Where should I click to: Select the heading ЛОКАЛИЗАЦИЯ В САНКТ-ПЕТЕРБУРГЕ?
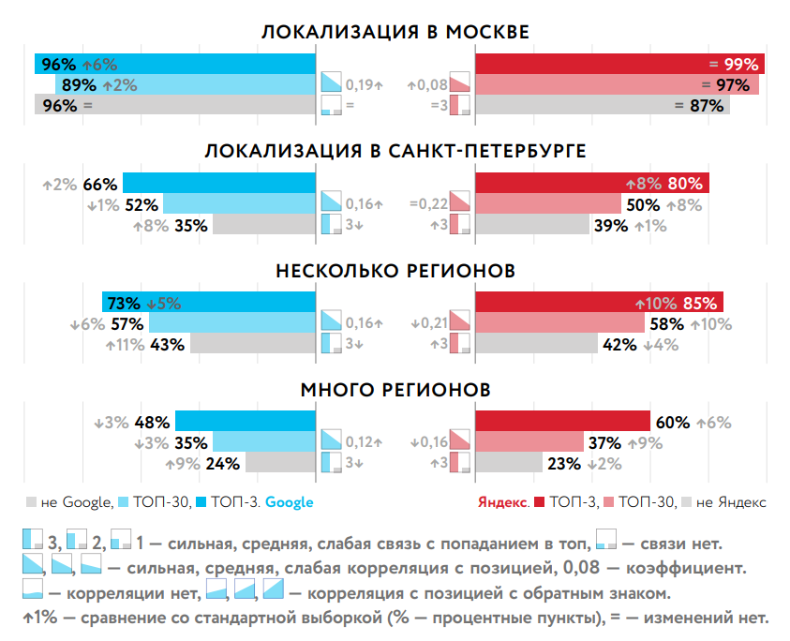click(x=395, y=152)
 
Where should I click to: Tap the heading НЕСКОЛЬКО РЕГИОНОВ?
click(x=395, y=271)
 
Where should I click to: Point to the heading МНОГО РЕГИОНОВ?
click(x=395, y=389)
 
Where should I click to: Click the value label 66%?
click(x=99, y=184)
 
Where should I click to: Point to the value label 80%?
click(x=684, y=184)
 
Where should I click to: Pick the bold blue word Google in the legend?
click(x=289, y=502)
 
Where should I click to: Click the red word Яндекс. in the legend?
click(x=504, y=502)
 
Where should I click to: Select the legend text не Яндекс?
click(x=734, y=502)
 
